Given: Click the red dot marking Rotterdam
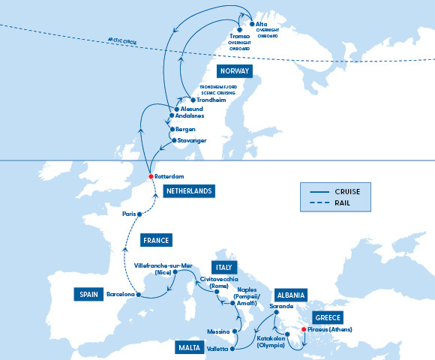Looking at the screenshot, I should point(151,176).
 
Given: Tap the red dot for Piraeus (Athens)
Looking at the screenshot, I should point(304,329).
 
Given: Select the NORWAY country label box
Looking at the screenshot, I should point(234,71).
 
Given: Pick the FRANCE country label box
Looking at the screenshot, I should point(156,241).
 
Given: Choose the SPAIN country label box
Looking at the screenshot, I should point(88,293).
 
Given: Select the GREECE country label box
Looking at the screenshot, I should point(328,316).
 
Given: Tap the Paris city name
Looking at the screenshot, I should point(129,214).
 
